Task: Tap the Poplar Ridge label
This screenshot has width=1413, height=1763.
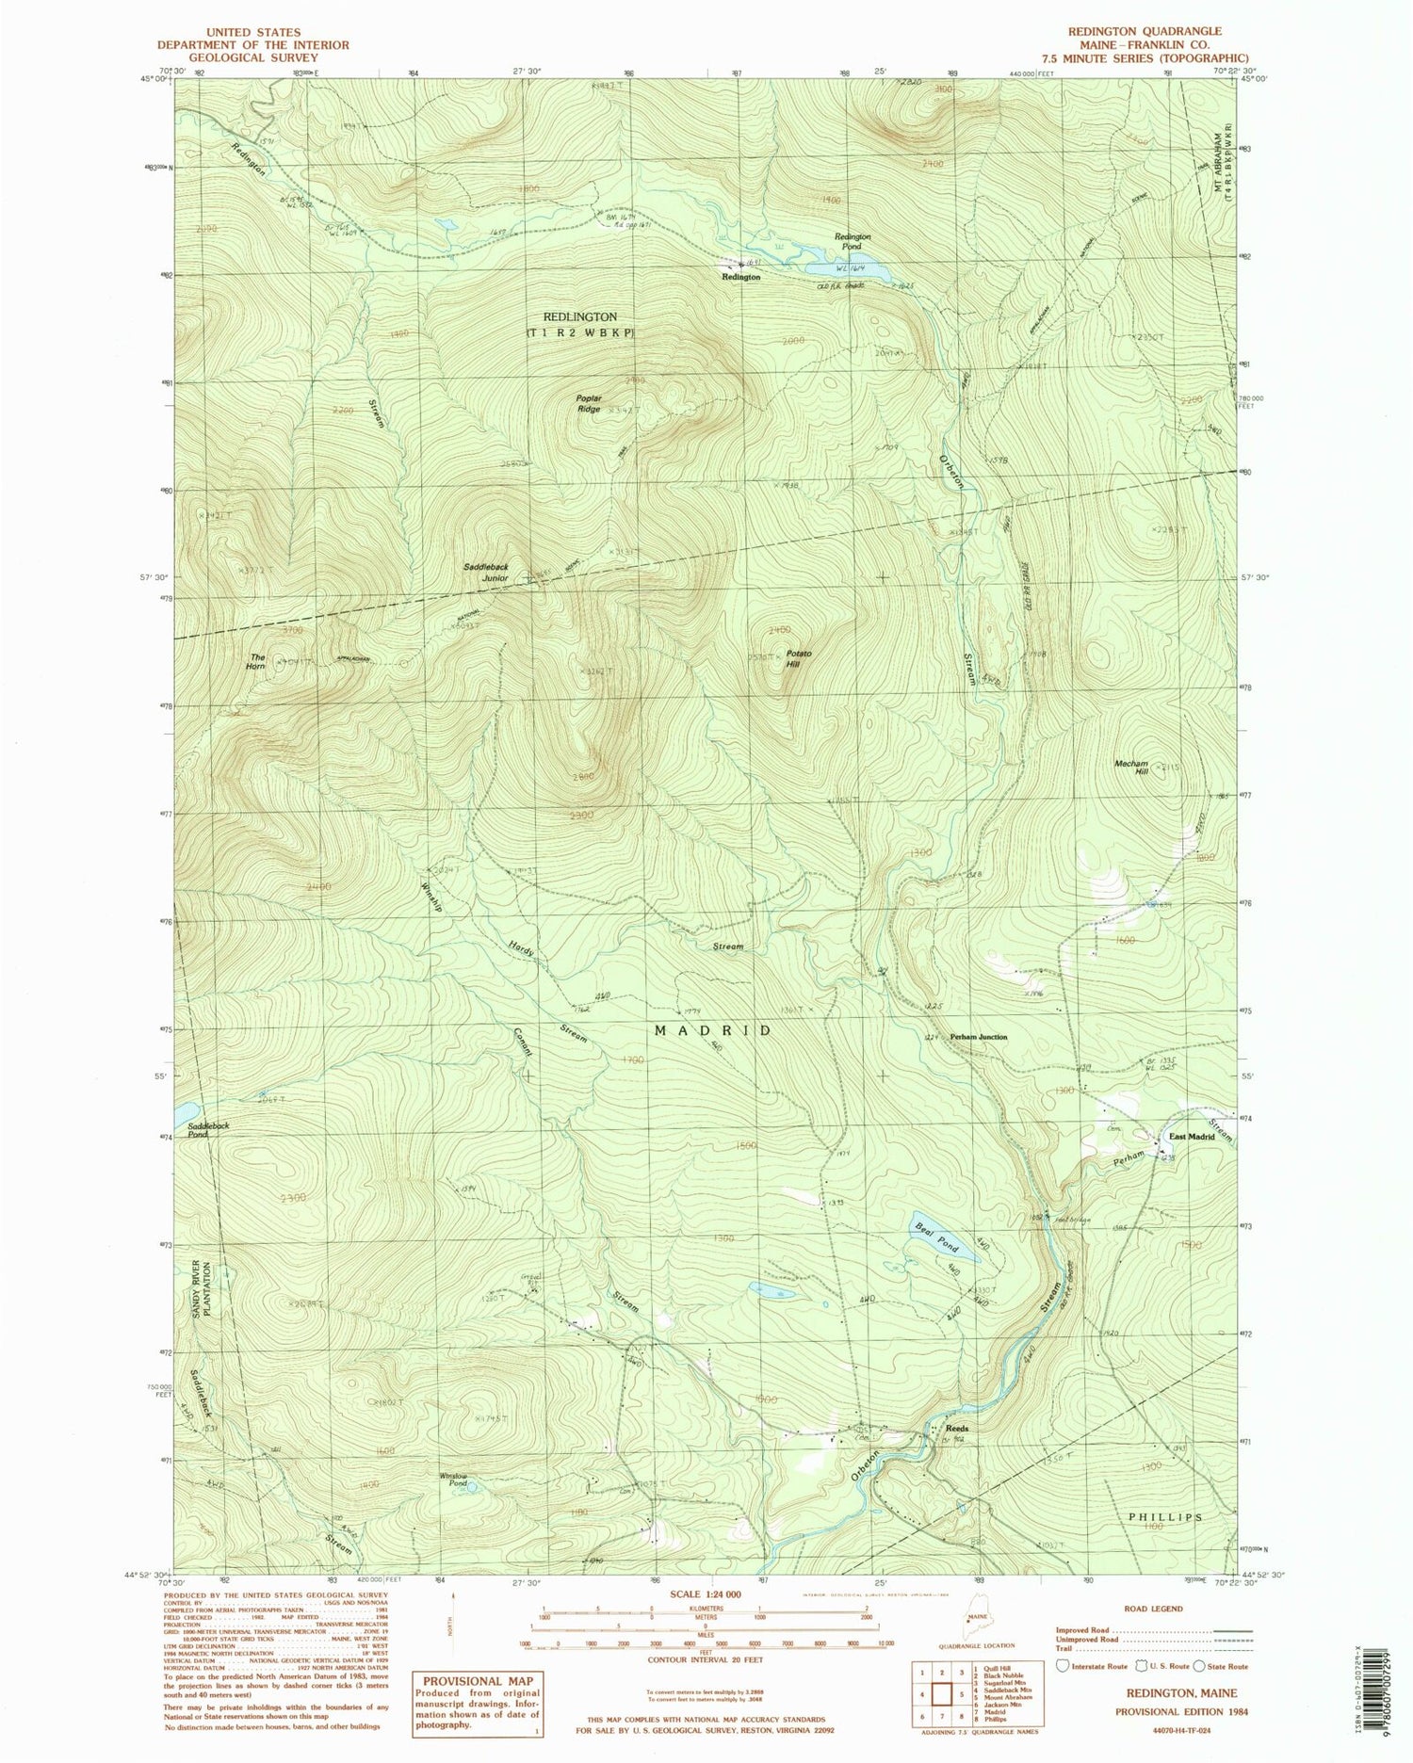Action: (589, 404)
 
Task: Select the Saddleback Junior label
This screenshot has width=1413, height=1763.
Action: (486, 573)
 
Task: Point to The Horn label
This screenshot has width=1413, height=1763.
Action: (256, 661)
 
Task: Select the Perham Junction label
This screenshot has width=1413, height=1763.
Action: (979, 1037)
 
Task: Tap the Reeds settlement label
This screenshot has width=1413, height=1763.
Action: (957, 1429)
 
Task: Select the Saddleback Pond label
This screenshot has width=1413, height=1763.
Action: (208, 1130)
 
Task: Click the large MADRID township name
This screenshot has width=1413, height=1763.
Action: (713, 1031)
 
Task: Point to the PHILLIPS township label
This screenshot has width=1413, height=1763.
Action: (1165, 1517)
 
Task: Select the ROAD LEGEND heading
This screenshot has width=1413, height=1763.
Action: (1153, 1609)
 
